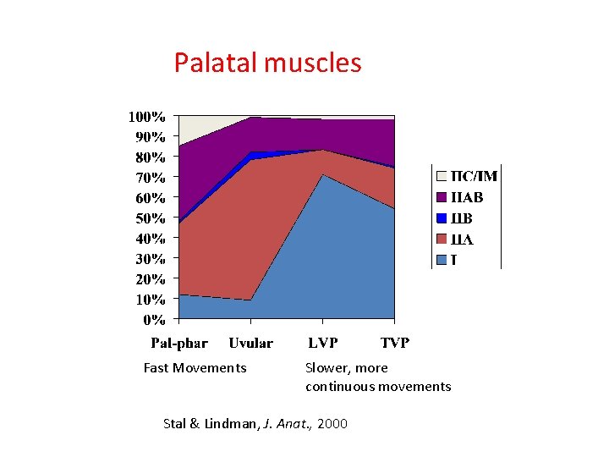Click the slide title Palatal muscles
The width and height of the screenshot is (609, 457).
267,63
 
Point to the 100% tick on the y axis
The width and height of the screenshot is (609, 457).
146,115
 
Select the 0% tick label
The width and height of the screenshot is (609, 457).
153,320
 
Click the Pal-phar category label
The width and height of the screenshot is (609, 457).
179,343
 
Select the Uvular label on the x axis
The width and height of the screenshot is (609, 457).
251,343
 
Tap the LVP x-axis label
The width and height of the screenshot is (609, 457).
323,343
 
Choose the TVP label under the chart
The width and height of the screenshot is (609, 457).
395,343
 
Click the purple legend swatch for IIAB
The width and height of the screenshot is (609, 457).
441,197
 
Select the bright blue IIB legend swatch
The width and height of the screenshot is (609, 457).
441,218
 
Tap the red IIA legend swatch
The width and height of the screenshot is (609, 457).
441,239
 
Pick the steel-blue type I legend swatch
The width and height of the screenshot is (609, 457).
441,259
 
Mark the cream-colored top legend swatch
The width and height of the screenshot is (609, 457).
441,177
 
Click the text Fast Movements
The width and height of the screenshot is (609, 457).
195,367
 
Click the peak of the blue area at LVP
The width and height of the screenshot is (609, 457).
322,175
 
